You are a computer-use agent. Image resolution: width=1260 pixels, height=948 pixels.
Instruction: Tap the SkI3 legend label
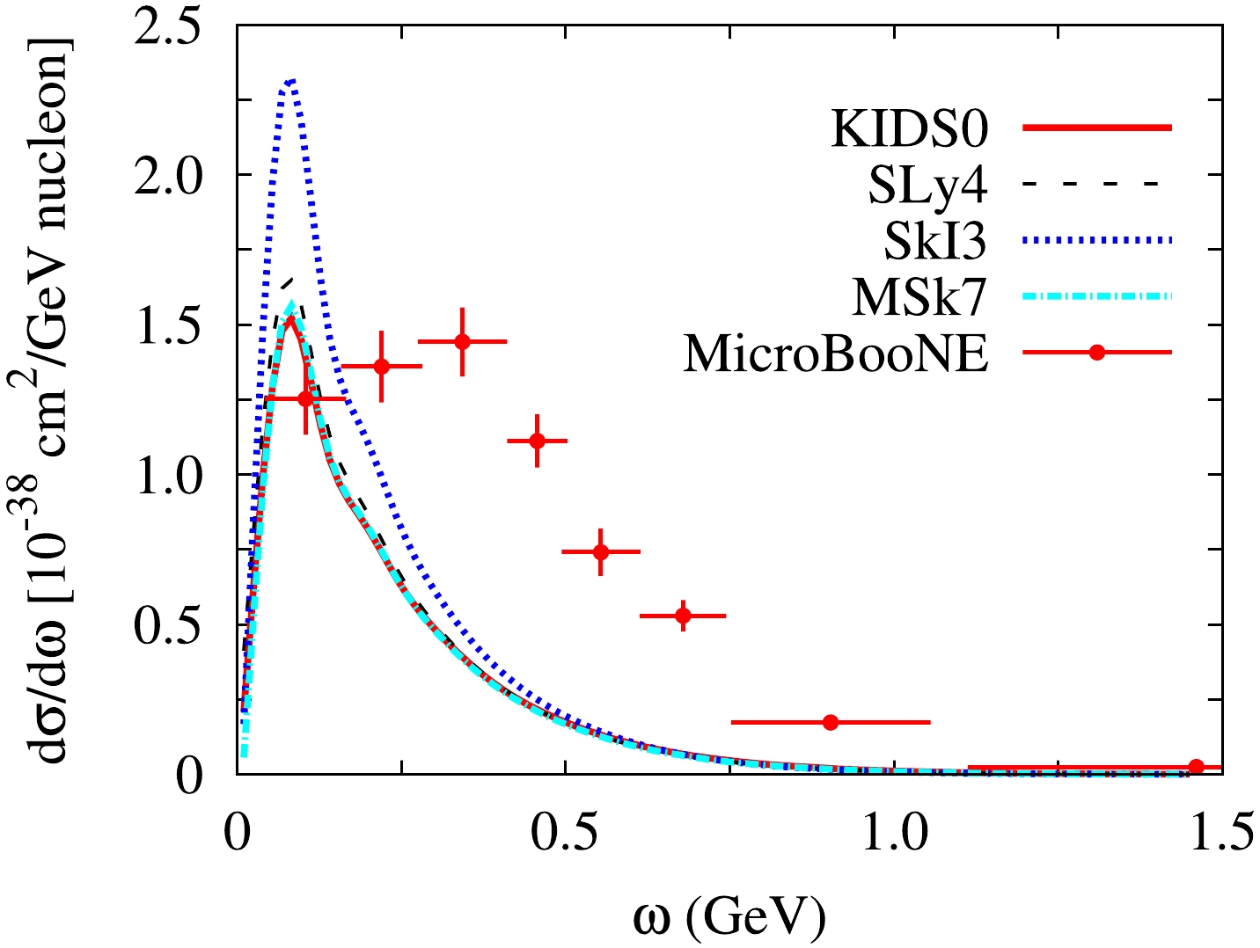pyautogui.click(x=935, y=242)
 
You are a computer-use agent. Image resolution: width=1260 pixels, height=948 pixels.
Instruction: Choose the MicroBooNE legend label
pyautogui.click(x=836, y=354)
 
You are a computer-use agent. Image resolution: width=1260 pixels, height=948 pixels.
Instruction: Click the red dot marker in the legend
pyautogui.click(x=1096, y=353)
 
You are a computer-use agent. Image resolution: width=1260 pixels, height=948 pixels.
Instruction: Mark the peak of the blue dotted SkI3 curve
pyautogui.click(x=290, y=81)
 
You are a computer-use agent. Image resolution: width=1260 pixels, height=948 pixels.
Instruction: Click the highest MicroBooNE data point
pyautogui.click(x=462, y=342)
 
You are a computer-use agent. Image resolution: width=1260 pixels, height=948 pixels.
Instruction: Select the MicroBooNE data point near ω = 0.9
pyautogui.click(x=831, y=722)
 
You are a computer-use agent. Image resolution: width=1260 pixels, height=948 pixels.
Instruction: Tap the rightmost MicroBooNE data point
pyautogui.click(x=1196, y=767)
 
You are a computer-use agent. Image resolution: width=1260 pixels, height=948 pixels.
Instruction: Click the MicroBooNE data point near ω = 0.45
pyautogui.click(x=538, y=441)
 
